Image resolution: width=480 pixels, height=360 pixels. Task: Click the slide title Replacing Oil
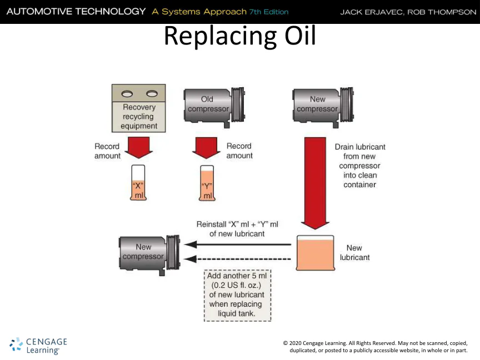(x=239, y=37)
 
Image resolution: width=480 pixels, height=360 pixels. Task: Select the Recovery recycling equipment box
(x=139, y=108)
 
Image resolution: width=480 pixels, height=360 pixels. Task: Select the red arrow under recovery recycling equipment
(x=138, y=148)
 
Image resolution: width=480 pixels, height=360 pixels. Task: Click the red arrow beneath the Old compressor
(x=207, y=148)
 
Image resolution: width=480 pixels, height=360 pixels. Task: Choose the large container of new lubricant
(x=315, y=253)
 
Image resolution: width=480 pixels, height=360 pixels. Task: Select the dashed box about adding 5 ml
(x=237, y=295)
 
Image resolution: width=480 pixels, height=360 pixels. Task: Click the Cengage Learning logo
(x=38, y=345)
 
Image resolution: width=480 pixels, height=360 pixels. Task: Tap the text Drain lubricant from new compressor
(x=359, y=166)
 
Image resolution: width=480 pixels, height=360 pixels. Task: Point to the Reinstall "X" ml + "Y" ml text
(x=237, y=229)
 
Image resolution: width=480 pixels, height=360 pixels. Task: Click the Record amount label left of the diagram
(x=107, y=151)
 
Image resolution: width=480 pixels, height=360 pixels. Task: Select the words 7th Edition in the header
(x=269, y=12)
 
